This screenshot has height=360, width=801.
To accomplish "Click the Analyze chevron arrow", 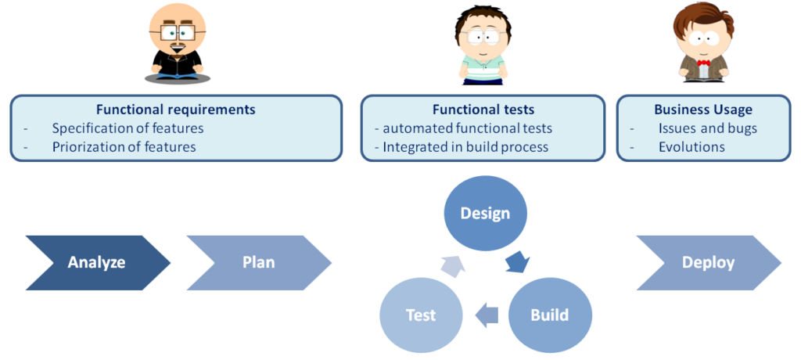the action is click(x=98, y=263).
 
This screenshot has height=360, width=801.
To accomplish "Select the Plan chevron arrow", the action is click(x=259, y=263).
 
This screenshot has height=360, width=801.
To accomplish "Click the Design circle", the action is click(x=485, y=213).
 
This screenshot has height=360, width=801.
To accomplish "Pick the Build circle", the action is click(x=550, y=315).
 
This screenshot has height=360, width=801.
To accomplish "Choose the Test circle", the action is click(x=421, y=315).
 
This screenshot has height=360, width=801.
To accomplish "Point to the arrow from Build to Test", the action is click(x=487, y=315).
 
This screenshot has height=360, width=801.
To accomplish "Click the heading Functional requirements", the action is click(x=176, y=110).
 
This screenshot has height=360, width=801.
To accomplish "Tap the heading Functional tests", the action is click(x=483, y=110).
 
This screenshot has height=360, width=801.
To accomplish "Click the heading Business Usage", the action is click(x=703, y=110).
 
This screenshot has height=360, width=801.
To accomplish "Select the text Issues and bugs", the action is click(x=707, y=128).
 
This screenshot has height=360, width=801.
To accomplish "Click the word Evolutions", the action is click(x=691, y=147).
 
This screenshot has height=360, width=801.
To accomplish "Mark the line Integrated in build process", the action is click(x=465, y=147).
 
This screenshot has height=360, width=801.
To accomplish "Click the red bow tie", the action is click(x=704, y=63).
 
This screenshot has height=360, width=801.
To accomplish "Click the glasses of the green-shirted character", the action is click(x=483, y=38).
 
